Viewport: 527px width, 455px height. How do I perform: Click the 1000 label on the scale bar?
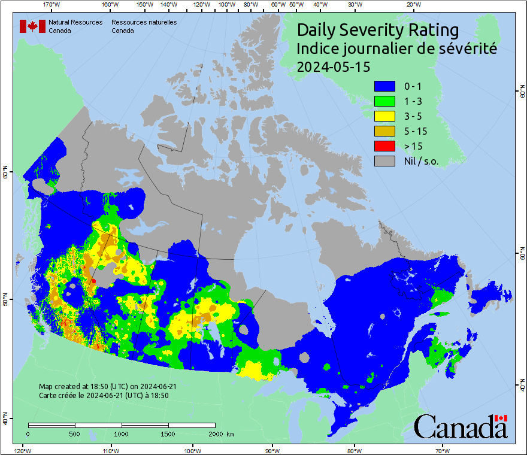coord(122,433)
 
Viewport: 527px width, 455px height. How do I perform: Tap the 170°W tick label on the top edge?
coord(52,5)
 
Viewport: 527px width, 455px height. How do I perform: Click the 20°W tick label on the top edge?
coord(413,5)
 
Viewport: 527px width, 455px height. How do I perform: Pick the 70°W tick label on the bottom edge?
coord(443,450)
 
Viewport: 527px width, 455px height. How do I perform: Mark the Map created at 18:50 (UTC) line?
coord(107,387)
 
